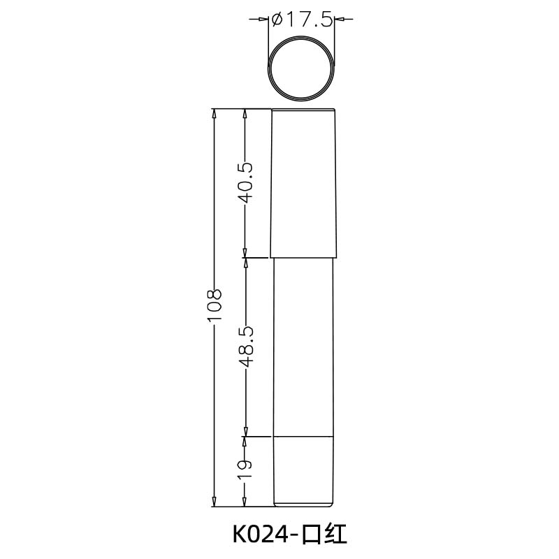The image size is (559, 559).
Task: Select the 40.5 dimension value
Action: tap(245, 183)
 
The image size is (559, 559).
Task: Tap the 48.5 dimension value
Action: tap(245, 347)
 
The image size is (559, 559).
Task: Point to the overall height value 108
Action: tap(215, 306)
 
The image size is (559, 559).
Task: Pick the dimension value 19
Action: tap(245, 469)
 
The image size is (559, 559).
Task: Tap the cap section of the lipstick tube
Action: tap(304, 183)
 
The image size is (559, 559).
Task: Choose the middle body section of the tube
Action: tap(304, 347)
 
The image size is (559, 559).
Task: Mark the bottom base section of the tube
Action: tap(304, 470)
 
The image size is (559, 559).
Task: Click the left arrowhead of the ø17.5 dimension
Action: tap(266, 20)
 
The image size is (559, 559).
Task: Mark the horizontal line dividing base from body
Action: tap(304, 437)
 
